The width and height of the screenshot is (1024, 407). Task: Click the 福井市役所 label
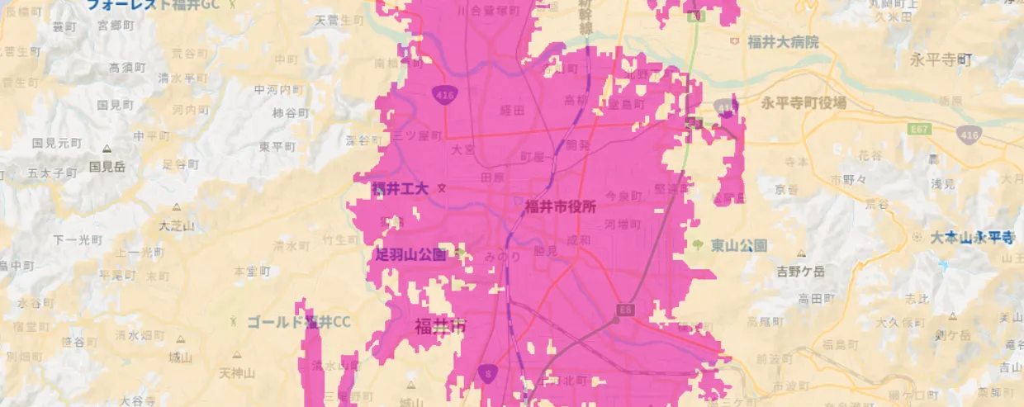coord(560,206)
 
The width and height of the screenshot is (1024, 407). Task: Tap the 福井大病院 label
coord(783,41)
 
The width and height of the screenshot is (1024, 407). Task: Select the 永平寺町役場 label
coord(804,102)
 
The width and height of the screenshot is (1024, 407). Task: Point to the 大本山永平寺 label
coord(972,238)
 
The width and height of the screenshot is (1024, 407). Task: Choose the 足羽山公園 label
coord(410,254)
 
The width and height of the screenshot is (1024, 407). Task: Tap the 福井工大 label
coord(401,189)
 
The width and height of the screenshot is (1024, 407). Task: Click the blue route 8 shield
coord(487,374)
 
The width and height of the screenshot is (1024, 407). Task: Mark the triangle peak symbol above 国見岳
coord(107,149)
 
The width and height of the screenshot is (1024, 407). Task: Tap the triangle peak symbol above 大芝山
coord(177,209)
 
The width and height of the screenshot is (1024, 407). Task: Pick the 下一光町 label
coord(78,240)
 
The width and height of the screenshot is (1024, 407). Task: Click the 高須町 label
coord(126,68)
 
